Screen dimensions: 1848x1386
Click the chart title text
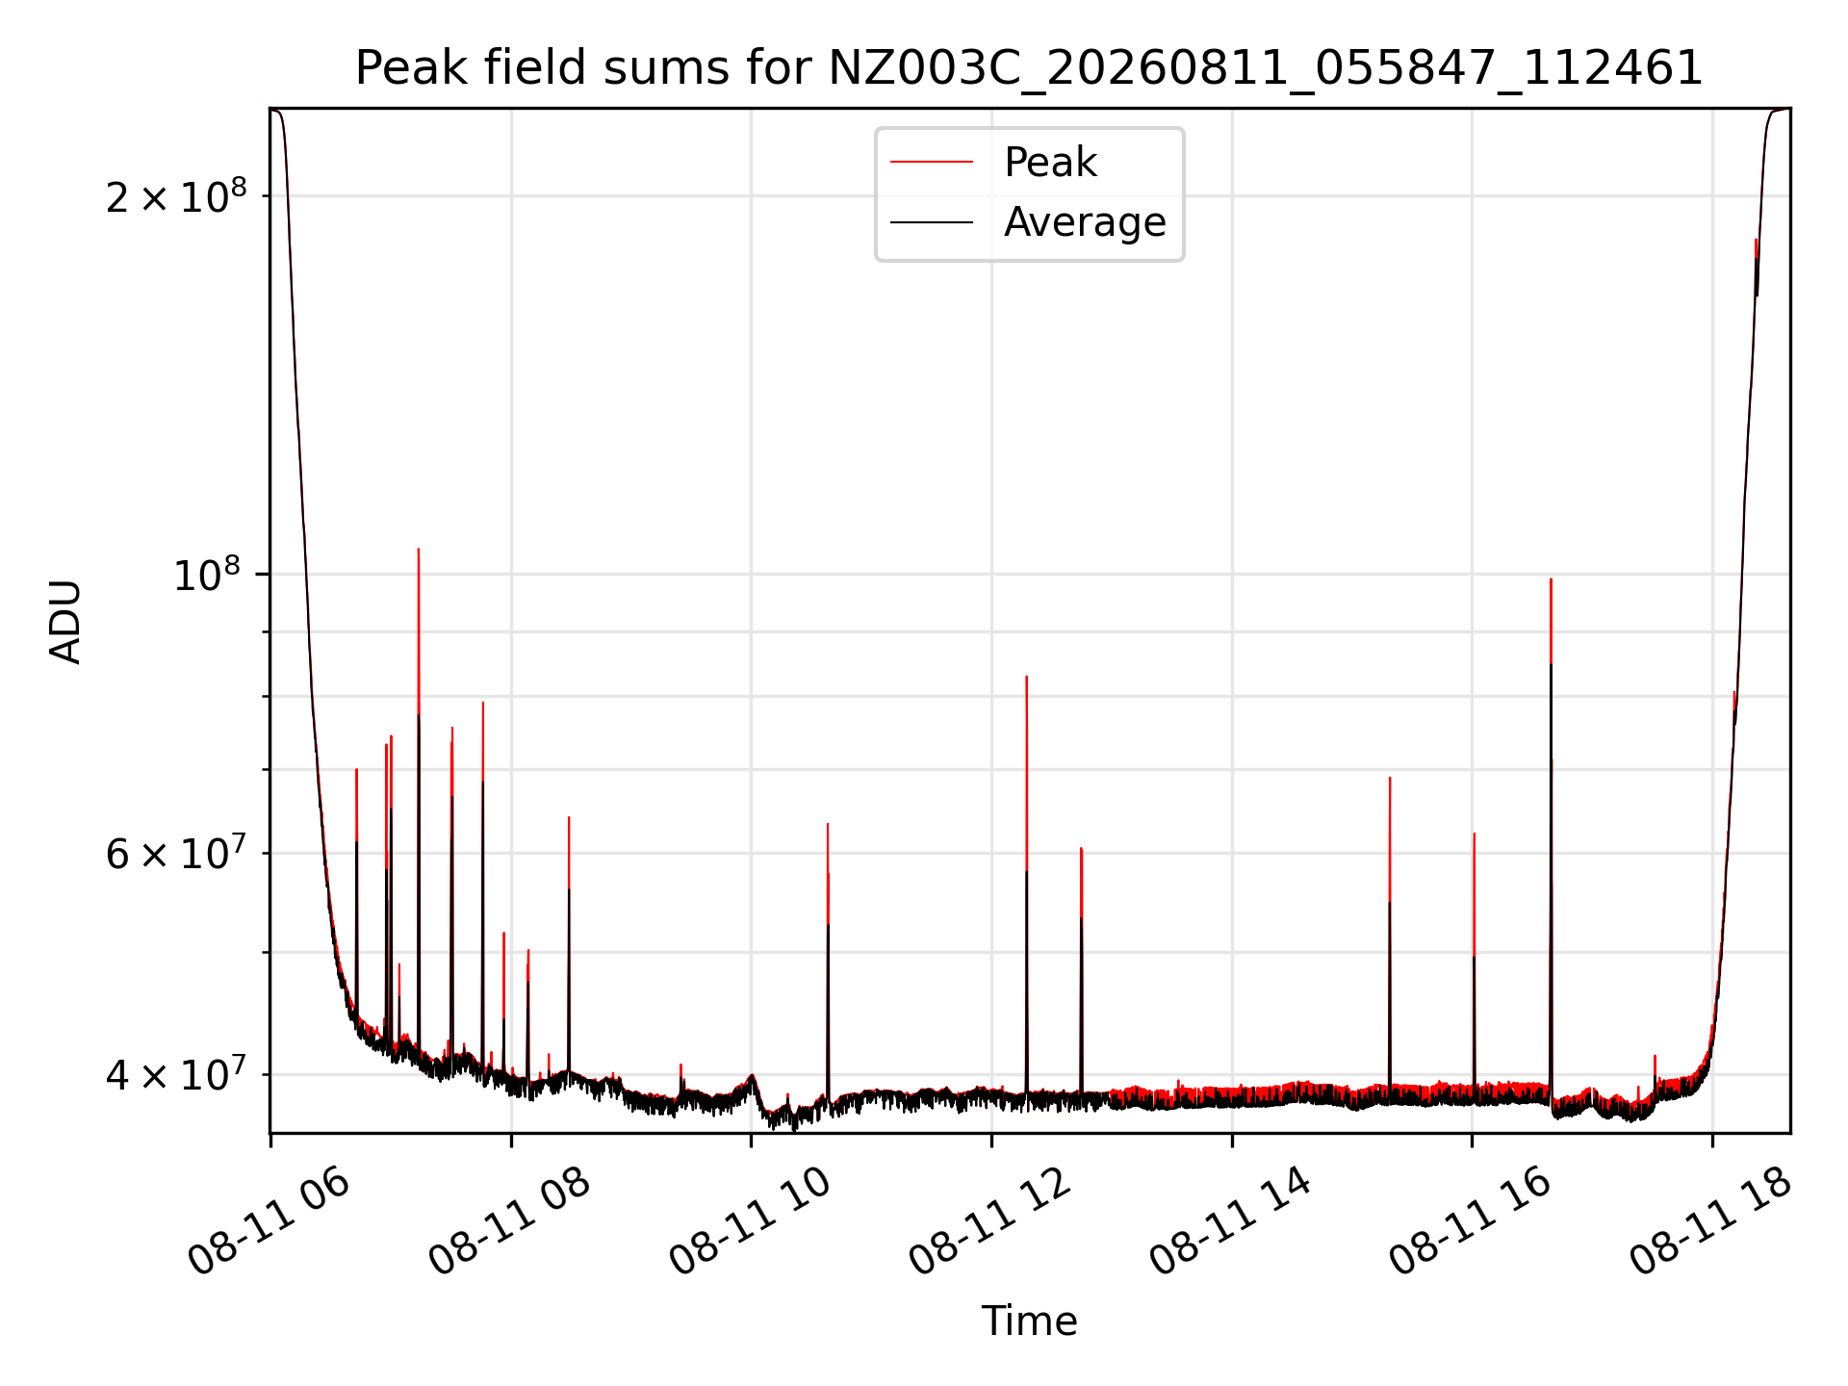coord(1029,68)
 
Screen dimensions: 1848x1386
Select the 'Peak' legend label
coord(1050,163)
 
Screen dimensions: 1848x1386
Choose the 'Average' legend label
coord(1085,222)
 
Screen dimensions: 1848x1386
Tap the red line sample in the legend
coord(932,163)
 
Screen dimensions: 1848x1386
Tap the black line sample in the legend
coord(932,222)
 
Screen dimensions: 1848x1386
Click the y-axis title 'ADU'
coord(65,621)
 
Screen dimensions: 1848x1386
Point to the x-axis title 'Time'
coord(1029,1322)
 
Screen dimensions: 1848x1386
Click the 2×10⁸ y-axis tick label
coord(176,196)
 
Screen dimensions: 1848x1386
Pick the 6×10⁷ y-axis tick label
coord(176,854)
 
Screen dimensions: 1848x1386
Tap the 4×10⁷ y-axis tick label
coord(176,1075)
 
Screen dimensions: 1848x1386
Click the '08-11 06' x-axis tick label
coord(269,1220)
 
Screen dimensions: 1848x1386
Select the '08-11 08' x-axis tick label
coord(510,1220)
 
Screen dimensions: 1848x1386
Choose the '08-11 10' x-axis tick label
coord(751,1220)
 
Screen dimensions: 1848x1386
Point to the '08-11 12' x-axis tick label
coord(990,1220)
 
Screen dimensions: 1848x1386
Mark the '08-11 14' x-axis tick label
coord(1231,1220)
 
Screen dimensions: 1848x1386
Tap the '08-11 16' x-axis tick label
coord(1471,1220)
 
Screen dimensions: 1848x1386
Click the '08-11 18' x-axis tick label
coord(1711,1220)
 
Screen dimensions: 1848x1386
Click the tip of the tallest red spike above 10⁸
coord(419,549)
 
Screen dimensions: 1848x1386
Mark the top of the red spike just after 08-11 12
coord(1027,677)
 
